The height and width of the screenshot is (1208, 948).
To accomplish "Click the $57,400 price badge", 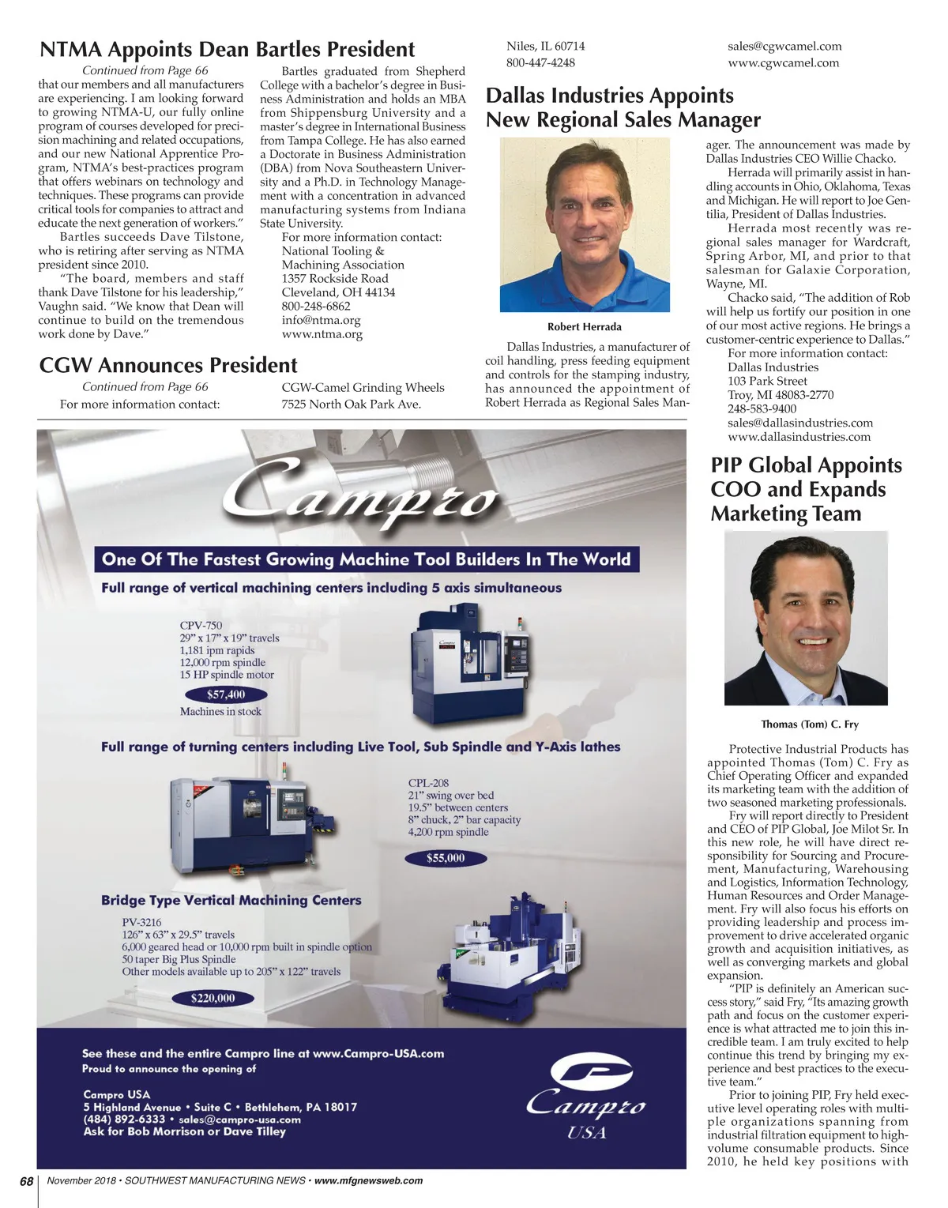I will click(x=226, y=694).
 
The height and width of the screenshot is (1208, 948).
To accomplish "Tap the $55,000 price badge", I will click(x=446, y=858).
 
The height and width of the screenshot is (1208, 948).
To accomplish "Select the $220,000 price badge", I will click(x=213, y=998).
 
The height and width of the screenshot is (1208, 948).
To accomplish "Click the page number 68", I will click(x=27, y=1181).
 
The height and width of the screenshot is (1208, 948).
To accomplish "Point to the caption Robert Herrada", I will click(x=585, y=327).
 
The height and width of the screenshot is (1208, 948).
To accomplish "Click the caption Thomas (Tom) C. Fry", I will click(x=809, y=724).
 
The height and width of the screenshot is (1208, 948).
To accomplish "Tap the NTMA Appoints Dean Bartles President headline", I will click(x=228, y=50).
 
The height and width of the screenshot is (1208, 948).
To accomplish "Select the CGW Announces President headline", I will click(x=168, y=365).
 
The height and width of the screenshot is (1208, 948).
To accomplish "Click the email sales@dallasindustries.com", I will click(x=800, y=423).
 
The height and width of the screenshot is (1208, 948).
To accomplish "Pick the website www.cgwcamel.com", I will click(x=783, y=62).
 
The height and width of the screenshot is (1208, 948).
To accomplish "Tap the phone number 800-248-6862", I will click(x=316, y=306).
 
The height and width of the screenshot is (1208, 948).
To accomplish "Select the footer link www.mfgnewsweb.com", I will click(x=368, y=1181).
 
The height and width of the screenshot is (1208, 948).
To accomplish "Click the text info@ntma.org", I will click(x=321, y=320).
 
